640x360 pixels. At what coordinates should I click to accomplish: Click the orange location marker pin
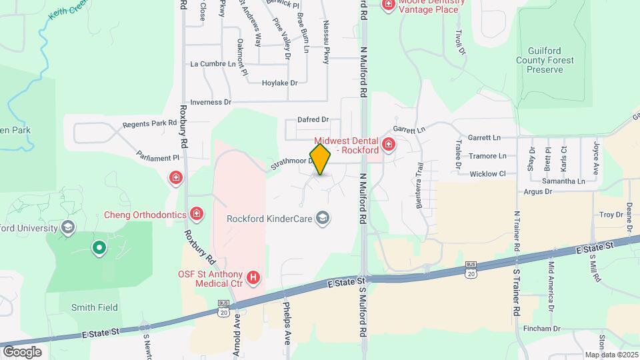click(x=321, y=159)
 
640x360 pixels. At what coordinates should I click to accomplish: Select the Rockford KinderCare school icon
click(x=323, y=219)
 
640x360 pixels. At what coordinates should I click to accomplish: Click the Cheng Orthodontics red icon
click(x=197, y=214)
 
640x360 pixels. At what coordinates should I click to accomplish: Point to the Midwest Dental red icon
click(x=388, y=144)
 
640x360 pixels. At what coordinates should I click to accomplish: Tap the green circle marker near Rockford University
click(x=99, y=249)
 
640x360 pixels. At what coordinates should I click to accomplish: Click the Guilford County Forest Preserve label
click(x=550, y=59)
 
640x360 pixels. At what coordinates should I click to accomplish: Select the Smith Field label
click(x=94, y=307)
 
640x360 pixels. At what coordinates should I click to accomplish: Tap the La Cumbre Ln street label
click(x=213, y=64)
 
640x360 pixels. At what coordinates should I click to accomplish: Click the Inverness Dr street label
click(x=210, y=103)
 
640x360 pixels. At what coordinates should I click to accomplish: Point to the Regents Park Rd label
click(x=149, y=124)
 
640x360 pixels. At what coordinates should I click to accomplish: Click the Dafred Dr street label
click(x=313, y=119)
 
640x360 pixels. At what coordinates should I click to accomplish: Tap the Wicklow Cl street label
click(x=488, y=174)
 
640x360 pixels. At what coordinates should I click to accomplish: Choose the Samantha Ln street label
click(x=563, y=181)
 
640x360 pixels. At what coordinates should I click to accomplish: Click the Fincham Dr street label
click(x=542, y=329)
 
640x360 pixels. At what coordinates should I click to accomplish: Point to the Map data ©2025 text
click(x=611, y=355)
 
